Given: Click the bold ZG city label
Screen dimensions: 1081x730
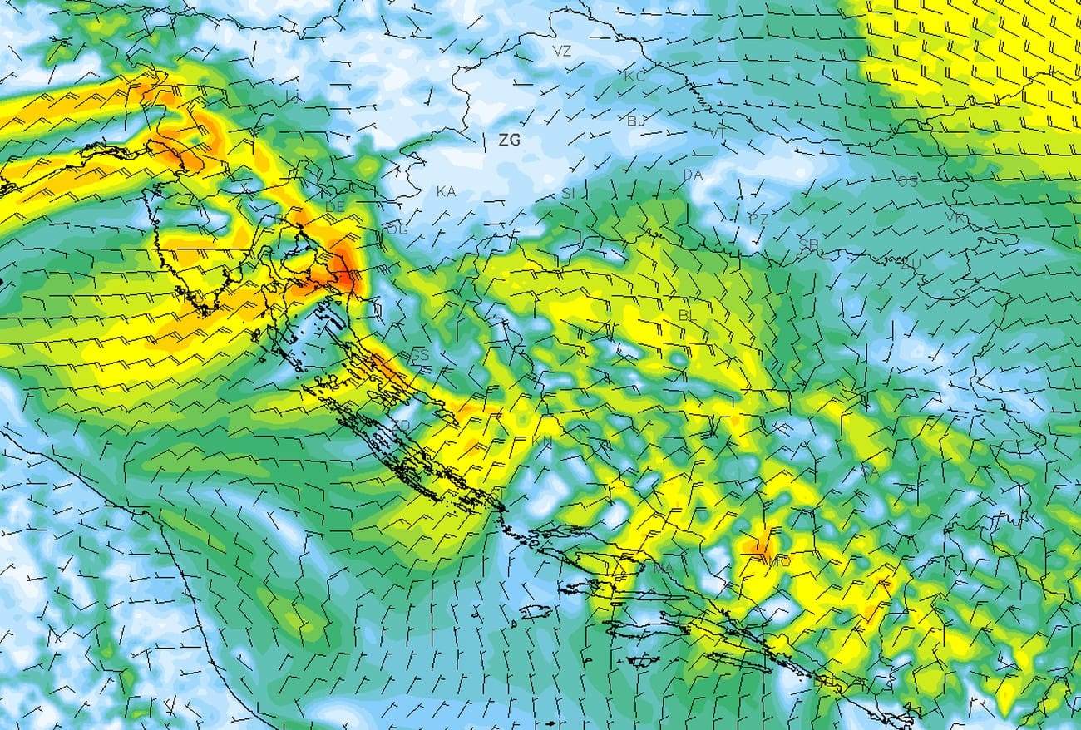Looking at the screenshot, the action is coord(509,141).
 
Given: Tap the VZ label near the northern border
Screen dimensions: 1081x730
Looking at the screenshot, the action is coord(562,51).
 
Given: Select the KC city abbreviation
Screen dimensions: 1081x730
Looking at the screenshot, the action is coord(634,76).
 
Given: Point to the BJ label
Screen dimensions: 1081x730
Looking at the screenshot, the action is coord(637,121).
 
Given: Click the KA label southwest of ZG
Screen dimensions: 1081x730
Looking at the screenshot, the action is coord(446,191).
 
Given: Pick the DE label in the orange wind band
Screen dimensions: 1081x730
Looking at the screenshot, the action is coord(335,206).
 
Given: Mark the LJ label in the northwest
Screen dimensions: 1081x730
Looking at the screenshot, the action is coord(292,97).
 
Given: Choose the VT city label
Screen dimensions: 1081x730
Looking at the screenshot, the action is coord(718,133).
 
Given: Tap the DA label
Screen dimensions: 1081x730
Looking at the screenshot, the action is coord(692,175).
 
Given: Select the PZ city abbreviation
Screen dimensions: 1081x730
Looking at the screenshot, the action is coord(758,219).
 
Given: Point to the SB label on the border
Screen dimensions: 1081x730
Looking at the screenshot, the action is coord(808,244).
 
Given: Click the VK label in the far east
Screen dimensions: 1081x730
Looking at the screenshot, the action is coord(955,217).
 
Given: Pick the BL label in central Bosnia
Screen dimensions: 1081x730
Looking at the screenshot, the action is coord(689,315).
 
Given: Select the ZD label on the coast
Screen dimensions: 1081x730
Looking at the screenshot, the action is coord(401,426).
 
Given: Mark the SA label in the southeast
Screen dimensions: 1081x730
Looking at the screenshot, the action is coord(870,471).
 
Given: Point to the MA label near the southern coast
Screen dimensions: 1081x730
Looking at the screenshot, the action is coord(663,568).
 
